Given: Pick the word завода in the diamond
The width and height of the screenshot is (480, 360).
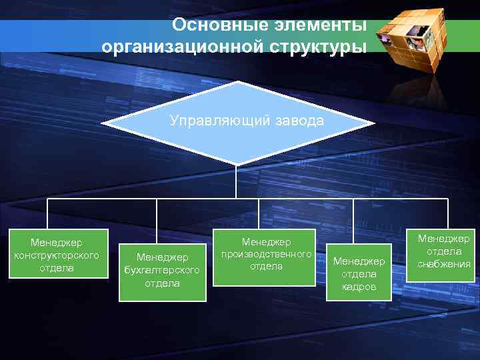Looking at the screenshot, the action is pos(293,121).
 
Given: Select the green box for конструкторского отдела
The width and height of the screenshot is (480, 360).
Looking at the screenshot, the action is pos(57,253).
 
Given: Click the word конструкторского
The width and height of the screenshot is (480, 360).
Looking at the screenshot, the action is pos(57,255).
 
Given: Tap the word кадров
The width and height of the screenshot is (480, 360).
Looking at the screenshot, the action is pos(359,286).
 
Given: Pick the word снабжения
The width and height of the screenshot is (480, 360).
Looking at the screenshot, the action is pos(444,263).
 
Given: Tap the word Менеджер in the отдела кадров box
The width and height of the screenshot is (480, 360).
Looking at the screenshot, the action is pos(359,261).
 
